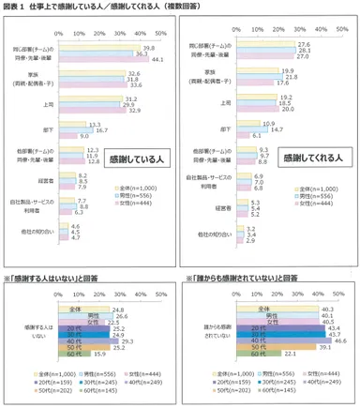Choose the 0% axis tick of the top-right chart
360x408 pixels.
[239, 32]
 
